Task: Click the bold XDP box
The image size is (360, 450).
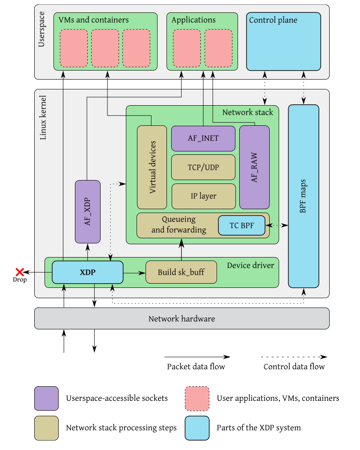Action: point(87,272)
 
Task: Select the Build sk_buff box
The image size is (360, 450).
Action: point(181,272)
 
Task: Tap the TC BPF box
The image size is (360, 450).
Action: point(241,225)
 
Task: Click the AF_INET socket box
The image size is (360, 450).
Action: point(203,138)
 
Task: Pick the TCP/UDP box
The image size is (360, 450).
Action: point(203,167)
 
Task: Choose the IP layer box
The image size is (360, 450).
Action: point(203,196)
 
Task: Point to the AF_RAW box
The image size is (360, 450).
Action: point(254,167)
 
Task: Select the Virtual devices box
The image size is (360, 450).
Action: point(152,167)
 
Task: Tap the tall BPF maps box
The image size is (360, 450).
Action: point(303,196)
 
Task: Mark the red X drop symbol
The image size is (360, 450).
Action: point(19,272)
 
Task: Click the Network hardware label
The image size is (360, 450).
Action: point(181,319)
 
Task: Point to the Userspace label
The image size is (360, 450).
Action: point(42,32)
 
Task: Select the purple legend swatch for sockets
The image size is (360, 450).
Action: point(46,398)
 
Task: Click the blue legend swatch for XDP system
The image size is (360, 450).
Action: point(197,428)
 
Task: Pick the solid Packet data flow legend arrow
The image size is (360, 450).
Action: point(197,356)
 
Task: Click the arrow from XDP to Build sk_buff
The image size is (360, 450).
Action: point(134,272)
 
